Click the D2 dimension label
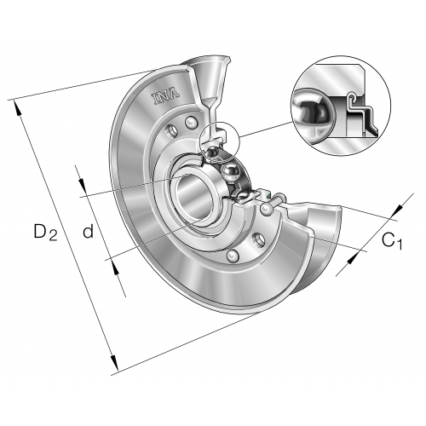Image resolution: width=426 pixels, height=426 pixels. tap(45, 232)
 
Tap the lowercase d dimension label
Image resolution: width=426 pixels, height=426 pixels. tap(88, 231)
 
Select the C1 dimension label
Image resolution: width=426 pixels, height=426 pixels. tap(392, 241)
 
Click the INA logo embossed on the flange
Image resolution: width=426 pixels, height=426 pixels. tap(166, 97)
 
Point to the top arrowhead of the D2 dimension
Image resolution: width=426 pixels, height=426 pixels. tap(18, 108)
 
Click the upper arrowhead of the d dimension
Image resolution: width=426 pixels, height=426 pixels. tap(83, 185)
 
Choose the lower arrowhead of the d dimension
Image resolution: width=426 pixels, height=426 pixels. tap(115, 268)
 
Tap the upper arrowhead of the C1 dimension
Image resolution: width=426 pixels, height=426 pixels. tap(398, 210)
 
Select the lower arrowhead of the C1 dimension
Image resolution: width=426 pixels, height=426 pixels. tap(353, 258)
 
